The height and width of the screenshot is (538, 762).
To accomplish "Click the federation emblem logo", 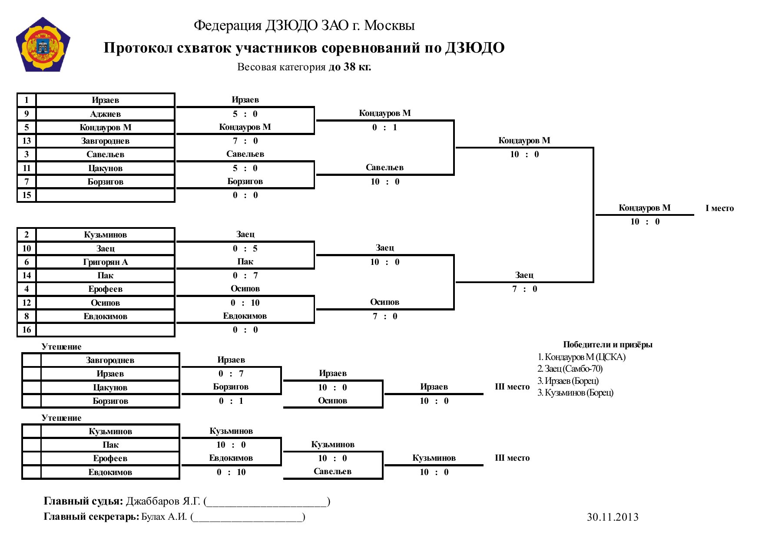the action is point(43,45).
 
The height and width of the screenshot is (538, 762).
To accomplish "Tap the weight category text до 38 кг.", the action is point(350,67).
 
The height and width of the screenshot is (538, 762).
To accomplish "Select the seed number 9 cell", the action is point(27,114).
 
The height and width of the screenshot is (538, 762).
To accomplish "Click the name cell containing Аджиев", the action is point(105,114).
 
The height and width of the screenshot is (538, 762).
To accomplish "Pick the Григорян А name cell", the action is point(105,262).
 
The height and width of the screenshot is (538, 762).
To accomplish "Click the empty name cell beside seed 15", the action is point(105,195).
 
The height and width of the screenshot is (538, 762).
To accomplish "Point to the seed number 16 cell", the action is point(27,330).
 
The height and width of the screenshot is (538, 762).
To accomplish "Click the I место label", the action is point(719,208).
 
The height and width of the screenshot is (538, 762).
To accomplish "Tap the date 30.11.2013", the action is point(613,517).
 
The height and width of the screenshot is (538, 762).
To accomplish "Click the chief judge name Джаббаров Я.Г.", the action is point(163,501).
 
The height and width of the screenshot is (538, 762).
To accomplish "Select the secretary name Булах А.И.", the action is point(164,517).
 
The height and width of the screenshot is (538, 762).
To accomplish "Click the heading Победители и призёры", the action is point(608,345).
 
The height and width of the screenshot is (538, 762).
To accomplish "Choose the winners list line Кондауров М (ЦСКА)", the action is point(582,357).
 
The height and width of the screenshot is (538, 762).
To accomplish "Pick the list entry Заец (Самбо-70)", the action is point(570,369).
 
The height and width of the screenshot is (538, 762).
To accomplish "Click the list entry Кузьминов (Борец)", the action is point(576,393).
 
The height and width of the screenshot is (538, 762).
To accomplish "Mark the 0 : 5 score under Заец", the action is point(245,248).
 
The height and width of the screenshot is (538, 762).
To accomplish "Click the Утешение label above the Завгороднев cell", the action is point(61,347).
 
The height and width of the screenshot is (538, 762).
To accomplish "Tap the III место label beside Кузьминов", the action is point(512,458).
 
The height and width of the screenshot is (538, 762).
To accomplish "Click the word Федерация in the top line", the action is point(228,26).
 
